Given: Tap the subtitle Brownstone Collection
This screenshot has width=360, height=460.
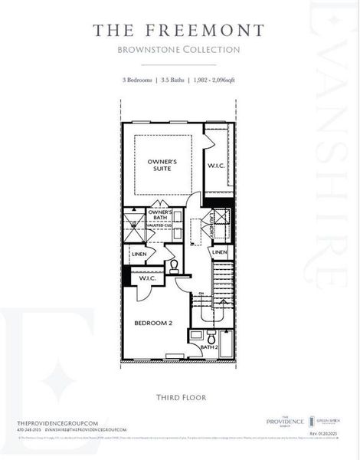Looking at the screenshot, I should pos(178,50).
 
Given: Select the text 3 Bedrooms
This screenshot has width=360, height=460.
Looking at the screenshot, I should pos(138,80).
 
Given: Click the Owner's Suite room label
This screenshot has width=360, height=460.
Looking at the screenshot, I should pos(162,165).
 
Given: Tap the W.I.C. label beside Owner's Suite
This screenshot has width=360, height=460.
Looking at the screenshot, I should pos(215,166).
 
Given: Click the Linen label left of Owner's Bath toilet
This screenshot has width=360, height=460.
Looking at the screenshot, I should pos(139,254).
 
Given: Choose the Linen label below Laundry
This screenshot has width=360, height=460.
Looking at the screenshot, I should pos(220,252).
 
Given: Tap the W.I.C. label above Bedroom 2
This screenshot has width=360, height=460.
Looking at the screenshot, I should pos(148,280).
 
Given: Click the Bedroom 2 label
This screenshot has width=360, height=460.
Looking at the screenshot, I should pos(153,324).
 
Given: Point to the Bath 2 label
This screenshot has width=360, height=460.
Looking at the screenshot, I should pos(210,347).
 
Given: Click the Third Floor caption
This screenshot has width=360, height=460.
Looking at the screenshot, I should pos(179,397).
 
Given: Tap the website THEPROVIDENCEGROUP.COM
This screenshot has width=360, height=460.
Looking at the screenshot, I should pos(57,423).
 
